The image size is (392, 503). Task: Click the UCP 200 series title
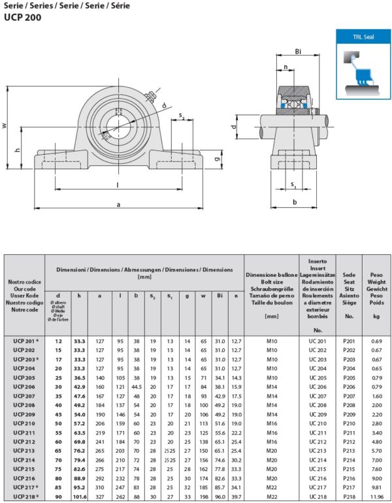[23, 18]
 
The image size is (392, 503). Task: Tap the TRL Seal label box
[362, 37]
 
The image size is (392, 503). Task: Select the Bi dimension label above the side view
[297, 51]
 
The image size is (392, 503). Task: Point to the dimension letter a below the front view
[118, 204]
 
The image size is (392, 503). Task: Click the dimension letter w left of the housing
[6, 125]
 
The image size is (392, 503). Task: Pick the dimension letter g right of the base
[218, 159]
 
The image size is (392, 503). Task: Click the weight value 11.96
[376, 496]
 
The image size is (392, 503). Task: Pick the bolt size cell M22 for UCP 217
[272, 487]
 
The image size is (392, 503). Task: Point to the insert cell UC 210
[318, 423]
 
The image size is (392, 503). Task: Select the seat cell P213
[349, 451]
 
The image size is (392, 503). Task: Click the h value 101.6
[79, 496]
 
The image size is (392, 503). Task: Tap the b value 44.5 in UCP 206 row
[137, 387]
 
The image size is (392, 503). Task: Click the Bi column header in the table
[220, 296]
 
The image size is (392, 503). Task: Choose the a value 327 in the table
[100, 496]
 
